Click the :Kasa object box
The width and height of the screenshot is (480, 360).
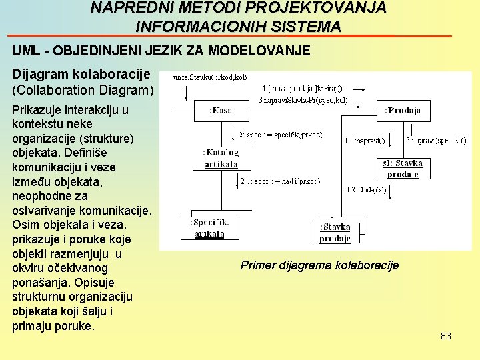[x=221, y=111]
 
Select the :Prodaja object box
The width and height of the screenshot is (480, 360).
[x=403, y=111]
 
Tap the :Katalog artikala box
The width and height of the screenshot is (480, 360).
[x=221, y=159]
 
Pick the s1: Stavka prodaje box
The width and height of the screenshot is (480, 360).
[x=403, y=168]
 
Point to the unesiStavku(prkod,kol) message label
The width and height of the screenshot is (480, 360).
[x=210, y=77]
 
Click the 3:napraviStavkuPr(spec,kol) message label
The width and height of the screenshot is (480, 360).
[x=302, y=100]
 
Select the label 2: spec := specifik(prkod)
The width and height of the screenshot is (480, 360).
[x=280, y=135]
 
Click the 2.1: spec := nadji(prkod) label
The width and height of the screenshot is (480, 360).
[x=280, y=181]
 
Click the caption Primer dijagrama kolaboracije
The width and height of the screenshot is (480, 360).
[x=319, y=265]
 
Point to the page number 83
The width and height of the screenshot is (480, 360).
[x=446, y=336]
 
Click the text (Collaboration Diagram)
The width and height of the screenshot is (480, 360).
[x=83, y=89]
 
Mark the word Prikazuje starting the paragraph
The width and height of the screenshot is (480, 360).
[x=38, y=110]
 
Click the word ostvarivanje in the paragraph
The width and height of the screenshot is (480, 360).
[x=43, y=211]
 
